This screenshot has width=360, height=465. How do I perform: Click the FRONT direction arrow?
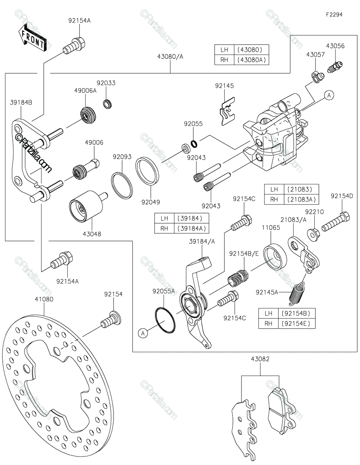pyautogui.click(x=32, y=38)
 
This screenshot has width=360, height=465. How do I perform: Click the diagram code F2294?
pyautogui.click(x=334, y=15)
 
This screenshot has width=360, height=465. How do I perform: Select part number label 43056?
pyautogui.click(x=335, y=46)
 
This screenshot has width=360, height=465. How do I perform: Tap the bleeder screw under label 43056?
pyautogui.click(x=335, y=67)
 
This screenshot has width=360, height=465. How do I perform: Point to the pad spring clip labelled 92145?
pyautogui.click(x=227, y=111)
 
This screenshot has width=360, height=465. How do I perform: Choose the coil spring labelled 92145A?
pyautogui.click(x=296, y=294)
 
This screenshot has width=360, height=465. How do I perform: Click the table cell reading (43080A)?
pyautogui.click(x=251, y=60)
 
